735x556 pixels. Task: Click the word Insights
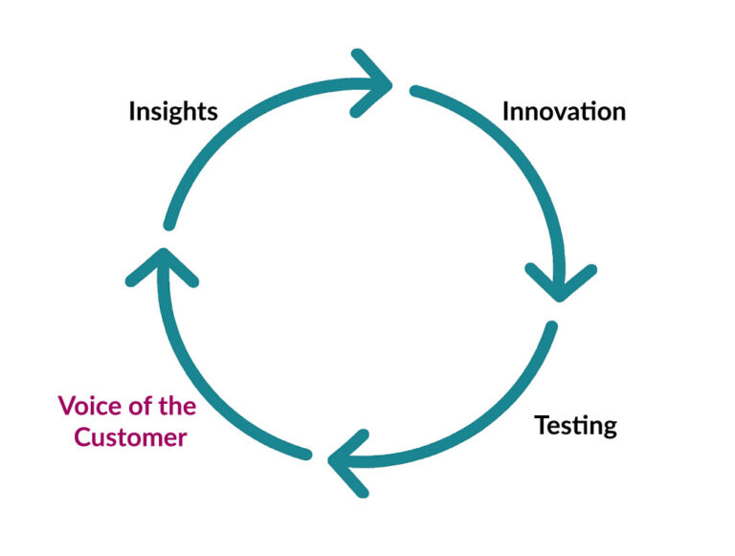tap(173, 112)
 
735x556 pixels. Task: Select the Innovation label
tap(564, 112)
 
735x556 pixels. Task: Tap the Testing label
tap(575, 426)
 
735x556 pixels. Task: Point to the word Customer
tap(130, 437)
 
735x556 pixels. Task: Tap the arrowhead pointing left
tap(347, 463)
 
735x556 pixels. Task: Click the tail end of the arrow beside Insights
tap(169, 226)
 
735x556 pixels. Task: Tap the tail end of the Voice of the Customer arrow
tap(306, 455)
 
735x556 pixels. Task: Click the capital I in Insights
tap(132, 112)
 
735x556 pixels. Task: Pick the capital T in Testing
tap(543, 425)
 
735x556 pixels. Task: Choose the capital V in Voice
tap(68, 406)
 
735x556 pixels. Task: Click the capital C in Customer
tap(82, 437)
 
